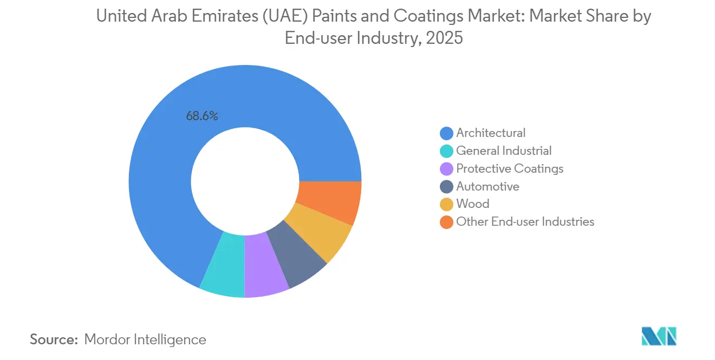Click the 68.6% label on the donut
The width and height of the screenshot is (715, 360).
coord(201,116)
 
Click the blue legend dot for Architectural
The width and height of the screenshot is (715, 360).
coord(446,133)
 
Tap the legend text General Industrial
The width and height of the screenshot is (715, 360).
coord(504,151)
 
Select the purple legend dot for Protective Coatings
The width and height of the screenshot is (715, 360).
coord(446,169)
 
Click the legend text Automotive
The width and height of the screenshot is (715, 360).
coord(487,187)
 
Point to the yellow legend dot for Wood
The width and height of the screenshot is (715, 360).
coord(446,205)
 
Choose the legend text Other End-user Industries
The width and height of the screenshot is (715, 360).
coord(525,222)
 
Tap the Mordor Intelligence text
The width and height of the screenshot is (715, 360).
coord(145,340)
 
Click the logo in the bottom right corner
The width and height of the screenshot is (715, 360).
coord(659,336)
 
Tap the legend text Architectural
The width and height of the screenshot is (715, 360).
coord(491,133)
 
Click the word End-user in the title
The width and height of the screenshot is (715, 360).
coord(318,39)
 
